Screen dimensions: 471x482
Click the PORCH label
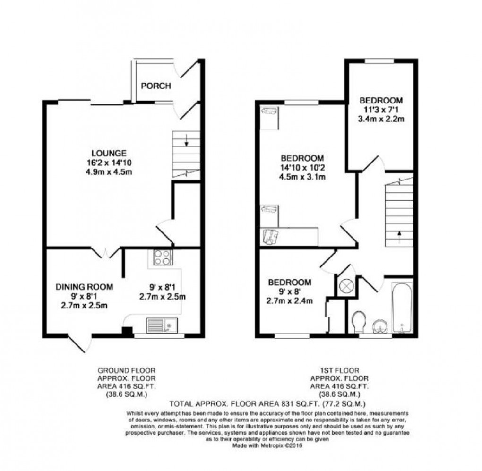click(x=155, y=86)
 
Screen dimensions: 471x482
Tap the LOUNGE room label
click(x=109, y=153)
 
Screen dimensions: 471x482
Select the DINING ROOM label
click(x=84, y=286)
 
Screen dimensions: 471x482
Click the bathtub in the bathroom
click(x=402, y=308)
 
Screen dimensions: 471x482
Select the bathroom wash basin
click(x=381, y=325)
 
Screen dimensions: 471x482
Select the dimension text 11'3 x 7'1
click(x=381, y=110)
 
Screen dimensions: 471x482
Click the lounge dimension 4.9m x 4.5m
click(x=109, y=171)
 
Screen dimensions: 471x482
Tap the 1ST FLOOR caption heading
click(x=339, y=370)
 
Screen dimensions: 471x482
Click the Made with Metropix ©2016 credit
click(x=268, y=444)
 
